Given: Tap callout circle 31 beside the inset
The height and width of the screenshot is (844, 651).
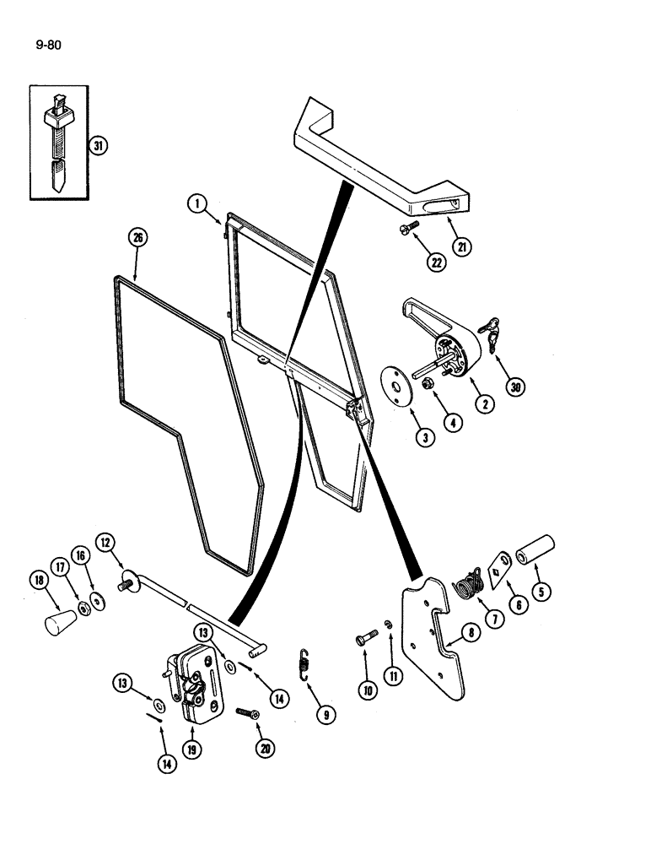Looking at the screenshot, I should click(99, 146).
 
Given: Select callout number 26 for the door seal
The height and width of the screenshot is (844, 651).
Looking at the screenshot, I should click(137, 239).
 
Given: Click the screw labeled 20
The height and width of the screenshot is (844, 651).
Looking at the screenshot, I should click(247, 713).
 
